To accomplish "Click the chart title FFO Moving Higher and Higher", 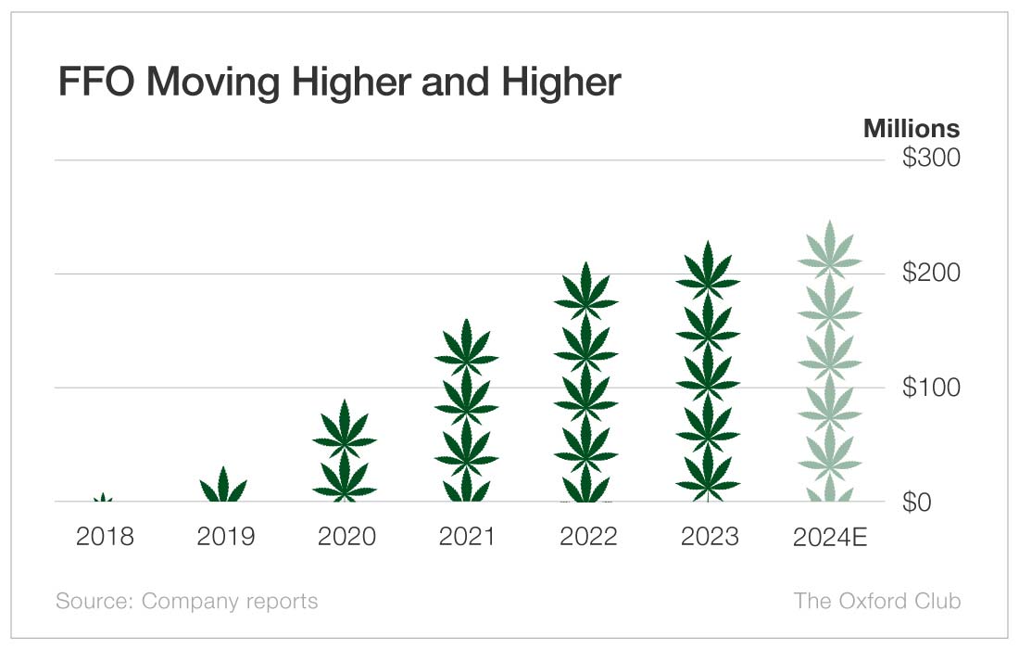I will click(339, 83).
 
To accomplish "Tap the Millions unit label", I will click(911, 128).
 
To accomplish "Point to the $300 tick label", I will click(931, 159).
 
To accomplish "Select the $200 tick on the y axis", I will click(931, 274).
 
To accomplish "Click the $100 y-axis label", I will click(931, 388).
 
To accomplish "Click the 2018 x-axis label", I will click(105, 537).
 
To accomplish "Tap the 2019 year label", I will click(225, 537).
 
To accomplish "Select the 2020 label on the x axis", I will click(346, 537).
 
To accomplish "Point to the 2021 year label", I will click(466, 537).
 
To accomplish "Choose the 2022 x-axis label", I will click(586, 537).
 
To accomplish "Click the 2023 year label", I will click(708, 537).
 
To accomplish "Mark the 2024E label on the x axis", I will click(829, 537).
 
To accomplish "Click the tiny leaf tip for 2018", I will click(104, 499).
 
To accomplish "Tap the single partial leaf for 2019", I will click(224, 487).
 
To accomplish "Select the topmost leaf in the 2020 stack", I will click(345, 430).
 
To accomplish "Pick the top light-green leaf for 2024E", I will click(829, 252).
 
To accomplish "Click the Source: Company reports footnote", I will click(186, 601).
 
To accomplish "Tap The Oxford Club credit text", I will click(876, 601).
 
